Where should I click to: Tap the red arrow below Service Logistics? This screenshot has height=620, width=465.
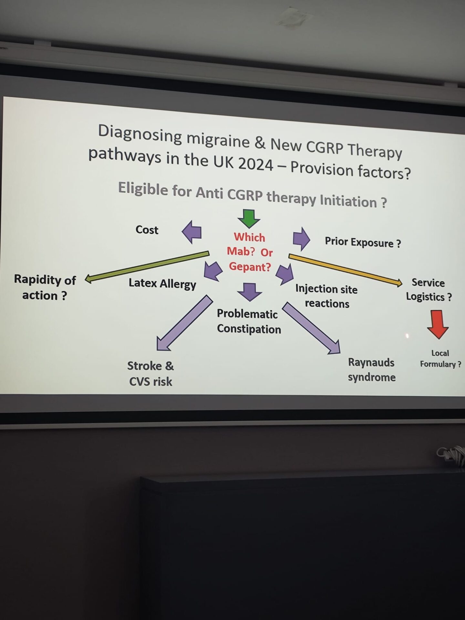coord(438,324)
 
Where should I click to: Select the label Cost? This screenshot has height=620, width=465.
coord(147,230)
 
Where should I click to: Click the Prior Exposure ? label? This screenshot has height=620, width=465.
coord(363,242)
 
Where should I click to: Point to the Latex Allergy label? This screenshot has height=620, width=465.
coord(162,284)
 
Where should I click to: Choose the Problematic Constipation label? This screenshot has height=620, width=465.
coord(249,321)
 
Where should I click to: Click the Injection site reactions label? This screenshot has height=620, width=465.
coord(326,296)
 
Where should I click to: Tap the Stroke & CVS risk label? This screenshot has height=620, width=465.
coord(150,374)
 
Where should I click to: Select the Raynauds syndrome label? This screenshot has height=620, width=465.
coord(372,370)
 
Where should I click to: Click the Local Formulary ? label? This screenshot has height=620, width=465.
coord(440,359)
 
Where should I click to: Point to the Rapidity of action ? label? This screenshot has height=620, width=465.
coord(45,287)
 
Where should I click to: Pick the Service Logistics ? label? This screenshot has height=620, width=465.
coord(429,290)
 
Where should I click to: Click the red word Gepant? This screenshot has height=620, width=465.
coord(250,267)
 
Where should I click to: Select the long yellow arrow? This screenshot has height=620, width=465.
coord(346,270)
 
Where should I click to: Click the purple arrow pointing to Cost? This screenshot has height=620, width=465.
coord(191,232)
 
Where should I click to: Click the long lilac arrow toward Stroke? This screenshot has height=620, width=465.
coord(184,323)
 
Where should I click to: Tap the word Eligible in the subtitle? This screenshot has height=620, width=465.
coord(143,188)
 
